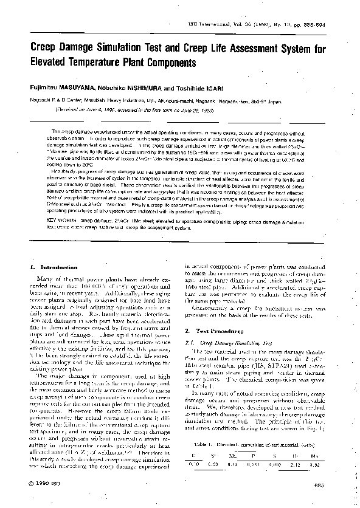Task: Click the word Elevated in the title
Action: (52, 62)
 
